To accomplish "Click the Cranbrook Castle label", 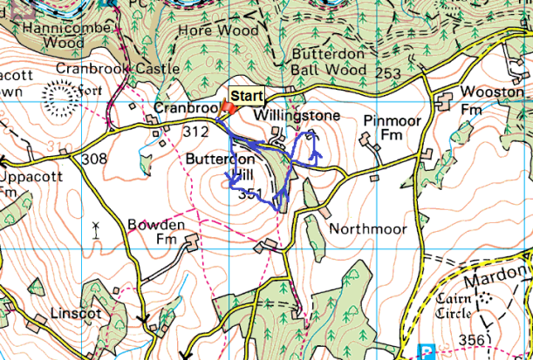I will [117, 68].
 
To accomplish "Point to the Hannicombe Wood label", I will [59, 35].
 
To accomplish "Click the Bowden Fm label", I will [157, 232].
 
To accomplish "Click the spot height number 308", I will [93, 160].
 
